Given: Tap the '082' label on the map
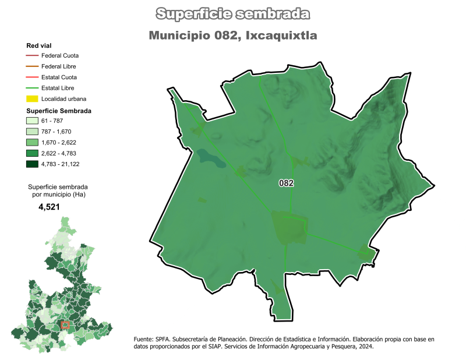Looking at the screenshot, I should (286, 183).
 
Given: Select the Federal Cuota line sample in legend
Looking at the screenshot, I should (32, 55).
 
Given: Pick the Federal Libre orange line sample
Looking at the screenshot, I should (32, 66).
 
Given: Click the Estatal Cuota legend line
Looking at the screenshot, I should (32, 77).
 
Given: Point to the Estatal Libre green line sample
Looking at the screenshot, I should (32, 88).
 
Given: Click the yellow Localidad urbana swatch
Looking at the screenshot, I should (32, 99).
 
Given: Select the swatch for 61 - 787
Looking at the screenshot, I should (32, 121).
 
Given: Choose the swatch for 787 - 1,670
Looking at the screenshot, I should (32, 132).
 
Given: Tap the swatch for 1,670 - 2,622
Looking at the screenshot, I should (32, 143).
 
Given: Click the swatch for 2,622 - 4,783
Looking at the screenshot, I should (32, 153).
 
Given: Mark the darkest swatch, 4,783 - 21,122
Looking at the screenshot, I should (32, 164).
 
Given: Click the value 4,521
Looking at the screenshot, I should (49, 207).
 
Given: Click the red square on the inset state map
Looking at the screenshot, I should (65, 324).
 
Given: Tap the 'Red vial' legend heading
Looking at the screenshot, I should (38, 45).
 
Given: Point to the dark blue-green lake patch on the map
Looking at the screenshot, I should (210, 157).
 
